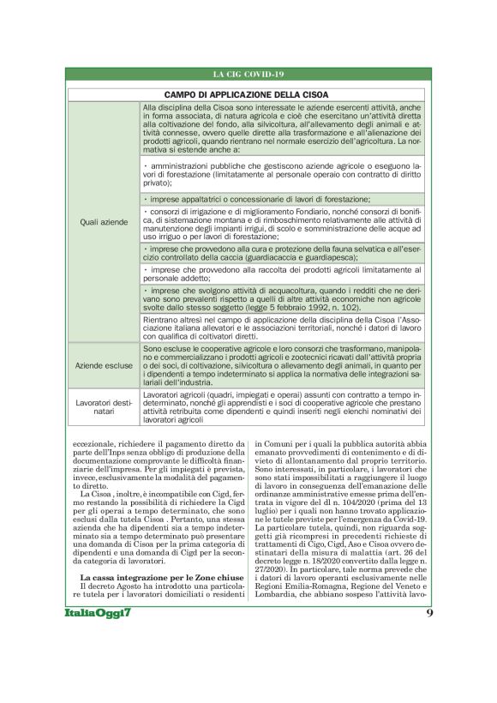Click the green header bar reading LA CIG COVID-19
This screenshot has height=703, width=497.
point(248,75)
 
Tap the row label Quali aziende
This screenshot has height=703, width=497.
point(103,222)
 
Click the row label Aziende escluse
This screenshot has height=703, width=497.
point(103,365)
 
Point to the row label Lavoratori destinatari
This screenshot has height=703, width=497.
point(103,406)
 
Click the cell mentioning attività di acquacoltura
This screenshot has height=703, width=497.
point(282,300)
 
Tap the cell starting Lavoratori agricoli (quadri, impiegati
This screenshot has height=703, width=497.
point(282,406)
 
